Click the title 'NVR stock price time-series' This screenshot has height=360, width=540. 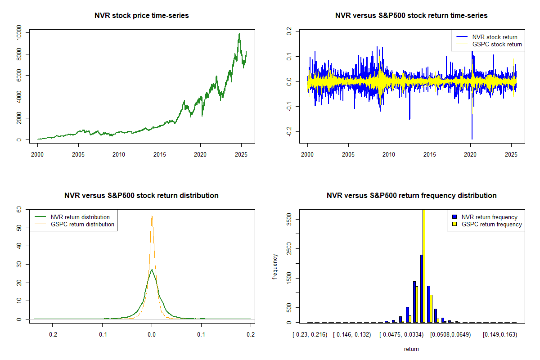click(142, 16)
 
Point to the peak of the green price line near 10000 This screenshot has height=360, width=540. click(239, 34)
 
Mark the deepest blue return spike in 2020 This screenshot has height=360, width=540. click(472, 139)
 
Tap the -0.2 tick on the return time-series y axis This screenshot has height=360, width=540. click(289, 131)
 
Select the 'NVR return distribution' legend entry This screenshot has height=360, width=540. click(80, 217)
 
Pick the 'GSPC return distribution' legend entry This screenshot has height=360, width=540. click(82, 224)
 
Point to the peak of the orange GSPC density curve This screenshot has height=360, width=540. click(152, 216)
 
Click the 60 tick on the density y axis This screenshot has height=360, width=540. click(19, 209)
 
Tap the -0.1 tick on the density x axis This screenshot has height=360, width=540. click(102, 335)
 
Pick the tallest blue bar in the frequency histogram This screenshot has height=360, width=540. click(421, 288)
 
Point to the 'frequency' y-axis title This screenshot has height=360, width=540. click(274, 267)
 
